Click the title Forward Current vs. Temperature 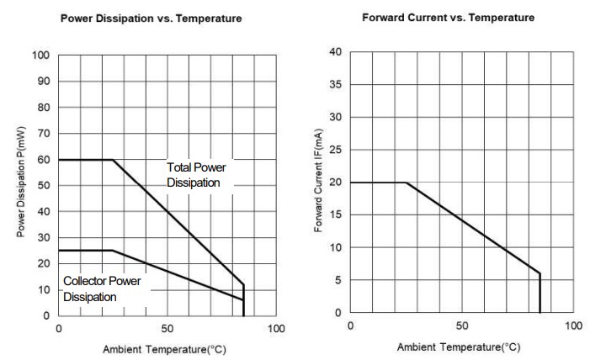[448, 17]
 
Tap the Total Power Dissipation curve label [195, 174]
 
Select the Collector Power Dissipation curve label [102, 289]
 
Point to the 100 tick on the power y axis [41, 56]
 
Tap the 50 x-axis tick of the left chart [167, 328]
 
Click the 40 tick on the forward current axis [336, 52]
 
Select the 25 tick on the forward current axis [336, 150]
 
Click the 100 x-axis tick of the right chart [573, 326]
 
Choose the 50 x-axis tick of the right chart [462, 326]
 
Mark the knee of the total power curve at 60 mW [113, 160]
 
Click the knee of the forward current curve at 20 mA [407, 183]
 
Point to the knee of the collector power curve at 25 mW [113, 251]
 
